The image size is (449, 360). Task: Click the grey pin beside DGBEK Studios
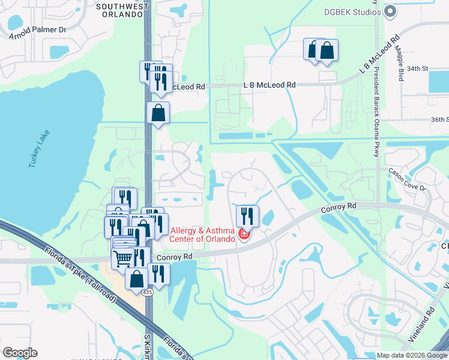pos(391,11)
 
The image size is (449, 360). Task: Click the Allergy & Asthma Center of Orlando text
pos(203,235)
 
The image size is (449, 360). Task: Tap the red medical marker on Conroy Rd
pos(244,234)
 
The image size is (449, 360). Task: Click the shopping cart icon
pos(122,259)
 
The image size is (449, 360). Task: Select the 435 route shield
pos(147,292)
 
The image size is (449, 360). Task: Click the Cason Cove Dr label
pos(407,179)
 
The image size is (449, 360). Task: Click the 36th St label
pos(440,119)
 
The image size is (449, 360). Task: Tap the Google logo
pos(20,353)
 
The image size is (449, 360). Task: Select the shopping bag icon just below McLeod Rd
pos(158,113)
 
